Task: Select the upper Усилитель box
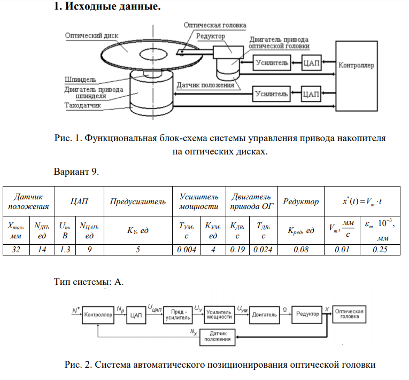[x=272, y=63]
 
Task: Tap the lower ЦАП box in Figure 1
[x=311, y=95]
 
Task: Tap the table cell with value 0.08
[x=301, y=249]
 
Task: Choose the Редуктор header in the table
[x=301, y=201]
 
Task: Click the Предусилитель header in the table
[x=138, y=201]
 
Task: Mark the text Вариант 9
[x=77, y=172]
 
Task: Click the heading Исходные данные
[x=107, y=8]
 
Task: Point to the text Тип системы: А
[x=89, y=282]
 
